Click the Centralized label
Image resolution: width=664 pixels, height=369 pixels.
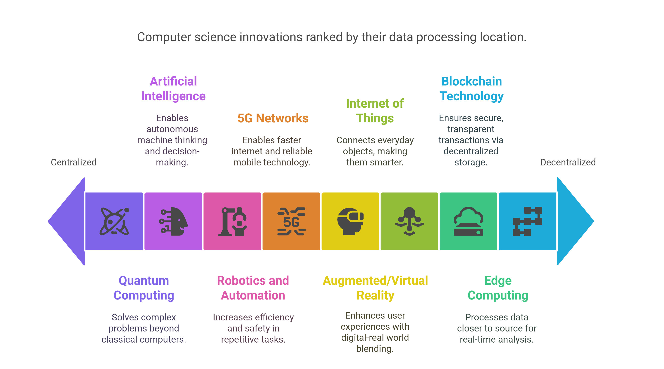tap(74, 162)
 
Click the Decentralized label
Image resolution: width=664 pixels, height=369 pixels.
tap(568, 162)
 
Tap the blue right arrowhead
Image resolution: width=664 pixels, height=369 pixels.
tap(575, 221)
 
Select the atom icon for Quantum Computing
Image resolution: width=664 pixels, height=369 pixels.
tap(114, 221)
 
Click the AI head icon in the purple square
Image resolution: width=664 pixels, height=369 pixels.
tap(173, 221)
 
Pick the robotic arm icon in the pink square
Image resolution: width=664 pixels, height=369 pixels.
tap(233, 221)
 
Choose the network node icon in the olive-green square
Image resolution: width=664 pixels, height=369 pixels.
tap(409, 221)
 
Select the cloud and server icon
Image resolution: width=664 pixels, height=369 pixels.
tap(468, 221)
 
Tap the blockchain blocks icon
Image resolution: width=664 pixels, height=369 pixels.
tap(527, 221)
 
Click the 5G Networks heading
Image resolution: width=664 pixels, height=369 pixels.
tap(273, 118)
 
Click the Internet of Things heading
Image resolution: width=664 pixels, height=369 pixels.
tap(375, 111)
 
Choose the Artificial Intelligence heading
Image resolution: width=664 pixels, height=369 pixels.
tap(173, 89)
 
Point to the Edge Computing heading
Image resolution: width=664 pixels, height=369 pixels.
tap(498, 288)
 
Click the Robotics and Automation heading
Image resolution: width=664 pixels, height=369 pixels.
tap(253, 288)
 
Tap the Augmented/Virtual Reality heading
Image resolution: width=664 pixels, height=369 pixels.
tap(375, 288)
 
